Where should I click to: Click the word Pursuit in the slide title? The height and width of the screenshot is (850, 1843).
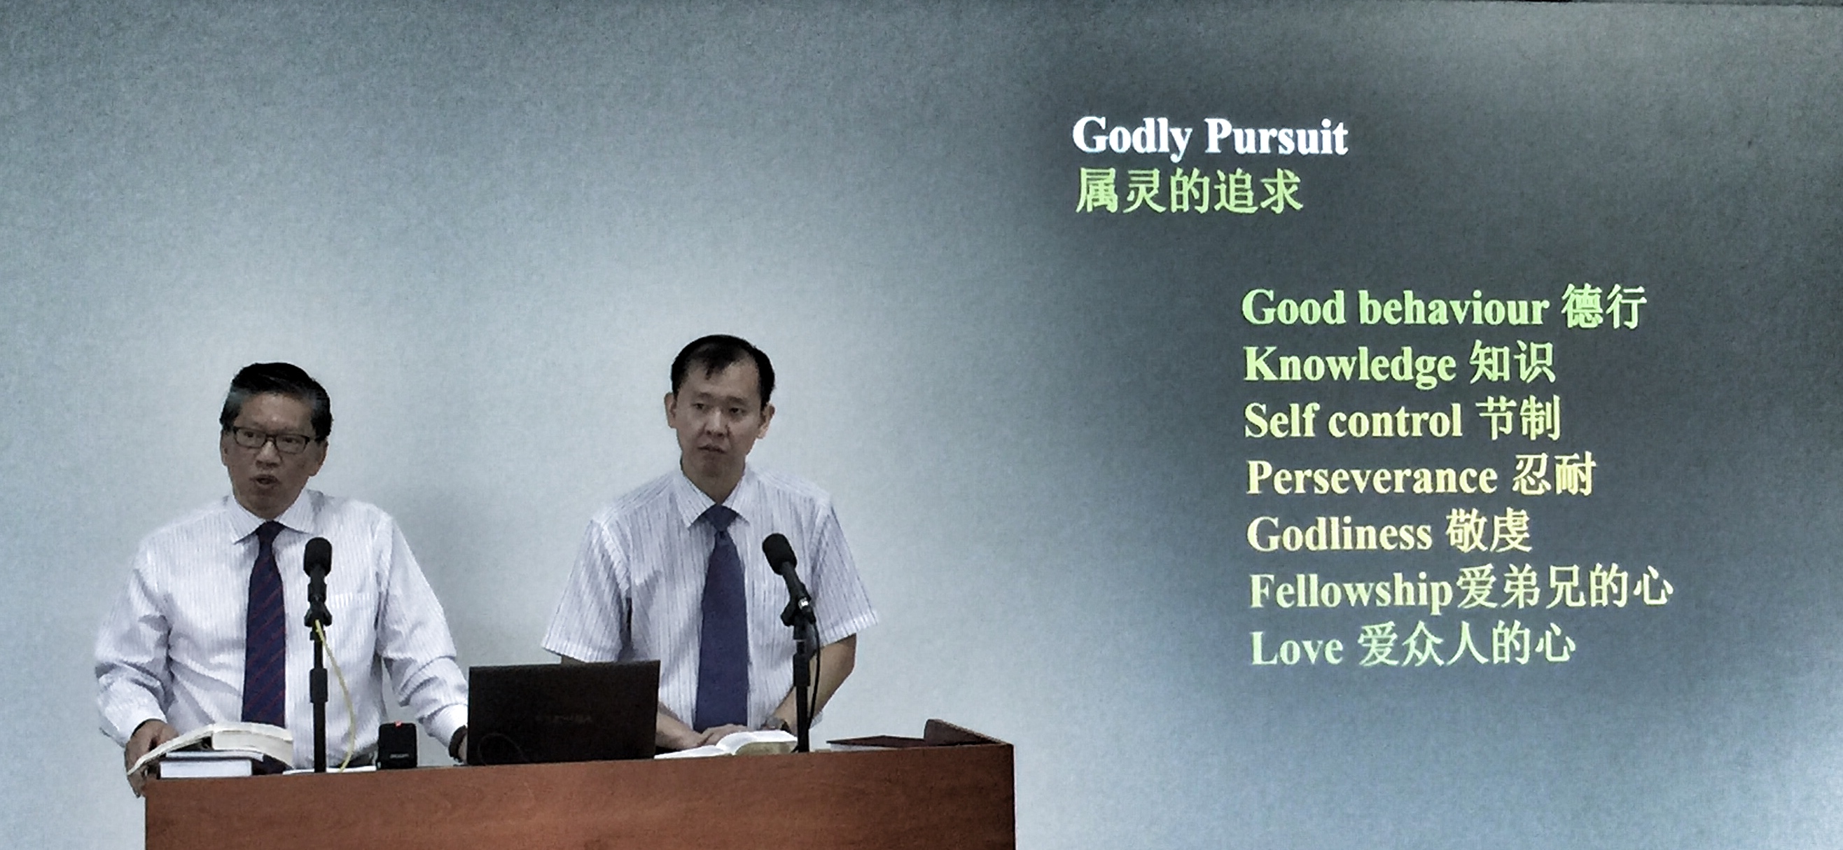(x=1276, y=136)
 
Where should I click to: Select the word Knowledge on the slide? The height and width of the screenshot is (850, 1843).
(x=1350, y=365)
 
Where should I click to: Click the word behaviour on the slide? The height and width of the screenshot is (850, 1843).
(x=1453, y=309)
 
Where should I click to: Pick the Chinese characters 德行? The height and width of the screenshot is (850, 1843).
(x=1604, y=307)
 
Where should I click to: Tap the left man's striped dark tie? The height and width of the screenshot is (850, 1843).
(x=265, y=622)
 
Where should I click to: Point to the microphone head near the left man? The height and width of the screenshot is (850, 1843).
(x=317, y=559)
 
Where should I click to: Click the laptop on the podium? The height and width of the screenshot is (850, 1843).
(x=562, y=713)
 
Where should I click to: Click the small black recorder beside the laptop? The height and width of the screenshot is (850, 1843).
(x=396, y=745)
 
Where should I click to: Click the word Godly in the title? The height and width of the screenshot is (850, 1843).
(x=1131, y=137)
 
